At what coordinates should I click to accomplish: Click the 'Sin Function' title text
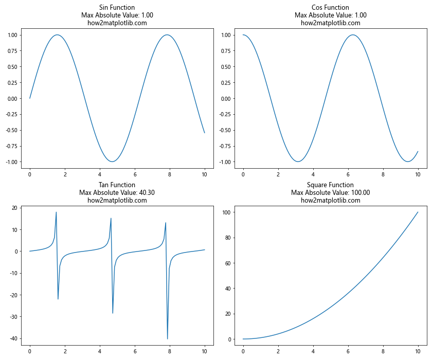[x=117, y=8]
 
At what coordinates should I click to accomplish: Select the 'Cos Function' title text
[x=330, y=8]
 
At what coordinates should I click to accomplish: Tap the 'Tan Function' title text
[x=117, y=185]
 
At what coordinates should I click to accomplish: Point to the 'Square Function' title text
[x=330, y=185]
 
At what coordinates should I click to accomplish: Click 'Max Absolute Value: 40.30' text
[x=117, y=193]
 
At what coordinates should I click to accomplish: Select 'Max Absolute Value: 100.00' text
[x=330, y=193]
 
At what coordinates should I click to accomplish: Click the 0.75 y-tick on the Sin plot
[x=12, y=51]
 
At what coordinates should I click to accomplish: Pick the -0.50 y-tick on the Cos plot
[x=225, y=130]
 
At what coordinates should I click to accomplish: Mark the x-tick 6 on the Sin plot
[x=135, y=174]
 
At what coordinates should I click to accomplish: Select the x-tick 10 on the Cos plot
[x=418, y=174]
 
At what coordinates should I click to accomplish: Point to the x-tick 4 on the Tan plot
[x=100, y=352]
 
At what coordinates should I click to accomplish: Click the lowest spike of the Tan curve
[x=167, y=339]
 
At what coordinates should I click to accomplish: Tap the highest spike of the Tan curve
[x=56, y=212]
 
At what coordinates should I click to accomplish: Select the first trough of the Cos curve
[x=298, y=161]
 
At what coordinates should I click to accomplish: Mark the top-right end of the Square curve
[x=418, y=212]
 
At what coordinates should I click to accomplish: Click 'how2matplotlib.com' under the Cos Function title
[x=330, y=23]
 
